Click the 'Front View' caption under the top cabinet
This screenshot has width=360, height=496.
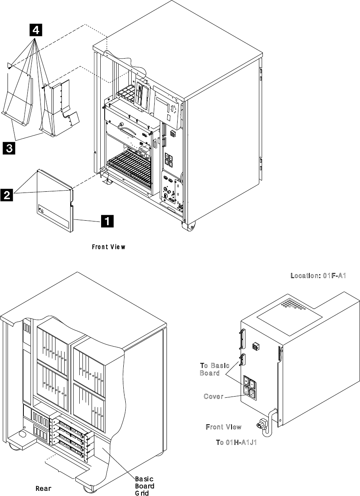click(109, 247)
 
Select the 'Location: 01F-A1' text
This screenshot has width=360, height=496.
click(318, 276)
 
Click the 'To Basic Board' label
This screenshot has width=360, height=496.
click(214, 369)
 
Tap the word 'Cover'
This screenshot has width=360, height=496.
click(213, 396)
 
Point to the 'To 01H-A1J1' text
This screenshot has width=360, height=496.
click(236, 442)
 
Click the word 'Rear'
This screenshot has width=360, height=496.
click(44, 488)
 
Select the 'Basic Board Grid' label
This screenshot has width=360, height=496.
click(144, 486)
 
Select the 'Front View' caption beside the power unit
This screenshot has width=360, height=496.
click(223, 427)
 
